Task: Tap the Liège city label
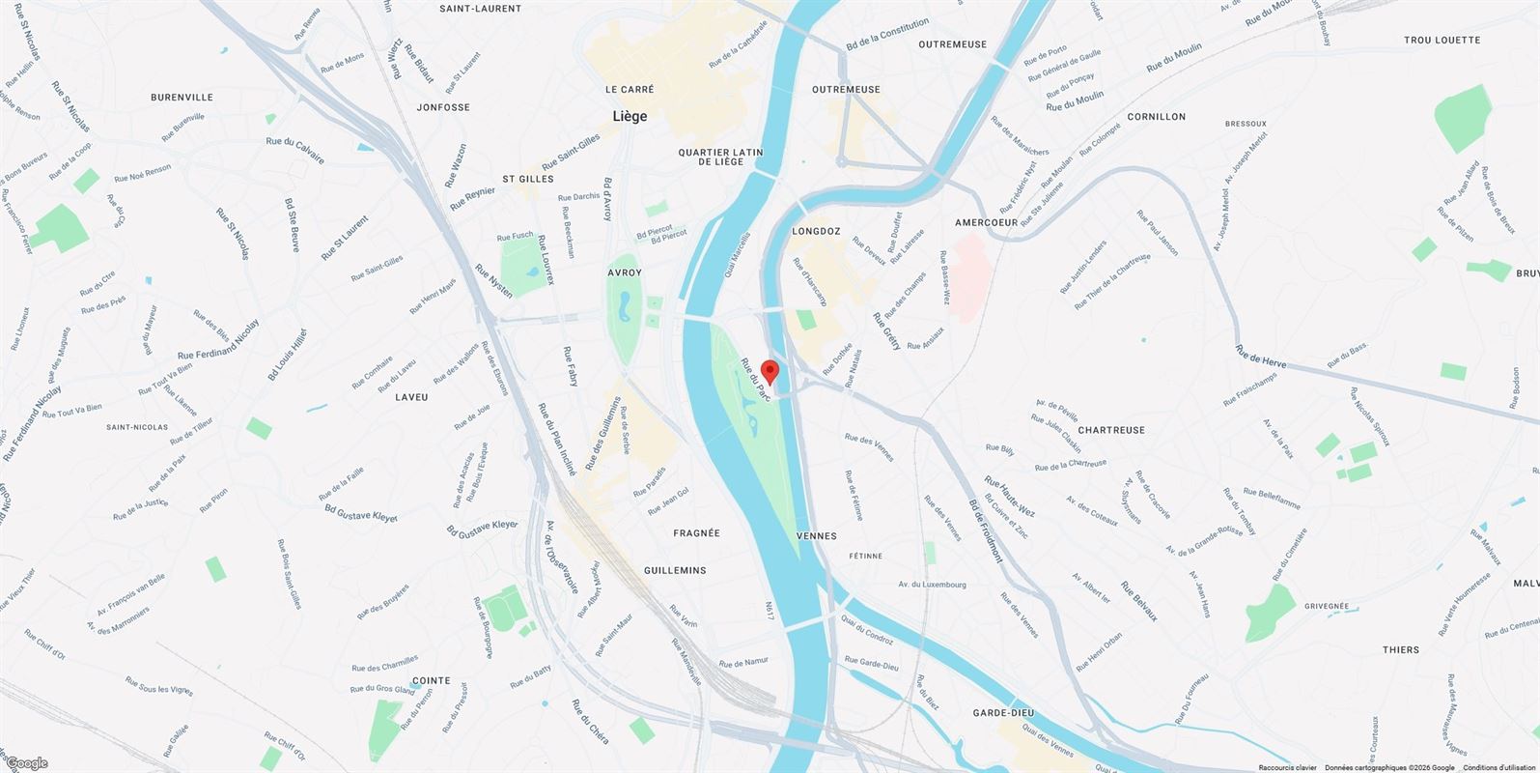click(x=630, y=116)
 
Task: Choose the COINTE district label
click(x=431, y=680)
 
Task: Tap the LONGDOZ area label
click(x=816, y=232)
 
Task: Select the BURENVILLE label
click(x=182, y=98)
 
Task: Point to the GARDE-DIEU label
click(x=1003, y=713)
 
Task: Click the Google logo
click(x=26, y=763)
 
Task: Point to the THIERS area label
click(x=1401, y=649)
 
